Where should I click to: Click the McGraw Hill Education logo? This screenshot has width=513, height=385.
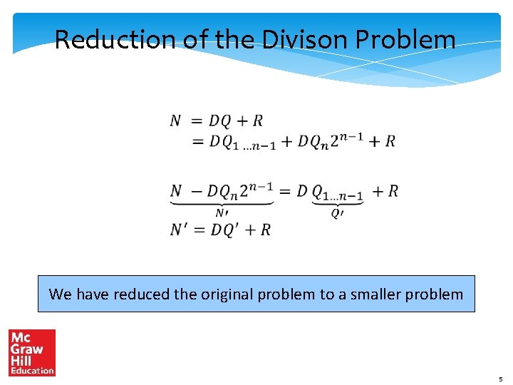click(x=31, y=352)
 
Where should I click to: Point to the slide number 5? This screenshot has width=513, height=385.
click(x=500, y=379)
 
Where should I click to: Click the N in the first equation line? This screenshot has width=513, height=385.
click(x=175, y=120)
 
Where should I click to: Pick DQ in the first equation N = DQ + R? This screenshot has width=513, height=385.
click(x=220, y=120)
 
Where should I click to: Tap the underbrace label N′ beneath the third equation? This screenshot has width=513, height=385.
click(x=222, y=212)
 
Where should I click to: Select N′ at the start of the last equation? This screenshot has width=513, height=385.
click(x=179, y=230)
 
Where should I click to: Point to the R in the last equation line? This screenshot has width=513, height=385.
click(x=265, y=230)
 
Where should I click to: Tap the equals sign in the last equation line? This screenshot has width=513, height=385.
click(x=199, y=230)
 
